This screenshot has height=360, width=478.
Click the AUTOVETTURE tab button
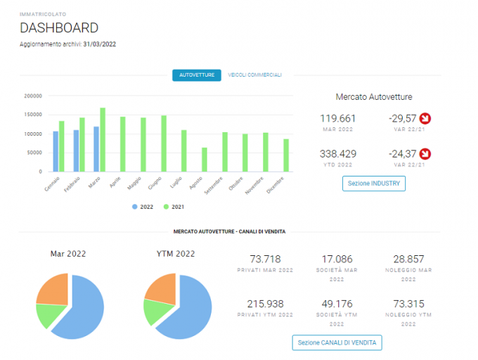pyautogui.click(x=197, y=75)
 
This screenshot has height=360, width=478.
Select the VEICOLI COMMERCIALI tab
pyautogui.click(x=255, y=75)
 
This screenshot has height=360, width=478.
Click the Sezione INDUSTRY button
pyautogui.click(x=374, y=184)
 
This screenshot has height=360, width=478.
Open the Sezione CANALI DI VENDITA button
pyautogui.click(x=337, y=342)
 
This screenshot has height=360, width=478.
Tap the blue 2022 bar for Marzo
pyautogui.click(x=96, y=149)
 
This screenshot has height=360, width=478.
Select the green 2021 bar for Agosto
pyautogui.click(x=205, y=160)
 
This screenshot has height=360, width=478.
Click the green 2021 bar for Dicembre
pyautogui.click(x=286, y=155)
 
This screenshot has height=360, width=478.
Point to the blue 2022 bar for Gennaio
pyautogui.click(x=56, y=151)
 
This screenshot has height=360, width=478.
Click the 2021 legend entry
pyautogui.click(x=174, y=207)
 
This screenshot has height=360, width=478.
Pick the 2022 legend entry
pyautogui.click(x=143, y=207)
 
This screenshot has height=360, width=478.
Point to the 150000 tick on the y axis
pyautogui.click(x=33, y=115)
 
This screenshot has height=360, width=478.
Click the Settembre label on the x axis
pyautogui.click(x=214, y=186)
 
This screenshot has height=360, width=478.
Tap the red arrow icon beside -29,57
pyautogui.click(x=425, y=118)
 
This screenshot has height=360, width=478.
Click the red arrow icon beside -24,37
pyautogui.click(x=425, y=153)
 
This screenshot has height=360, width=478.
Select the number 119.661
pyautogui.click(x=338, y=118)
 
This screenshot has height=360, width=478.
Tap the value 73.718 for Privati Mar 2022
pyautogui.click(x=265, y=259)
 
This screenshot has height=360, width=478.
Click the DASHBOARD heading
pyautogui.click(x=59, y=27)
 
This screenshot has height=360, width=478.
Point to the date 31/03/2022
pyautogui.click(x=99, y=44)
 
